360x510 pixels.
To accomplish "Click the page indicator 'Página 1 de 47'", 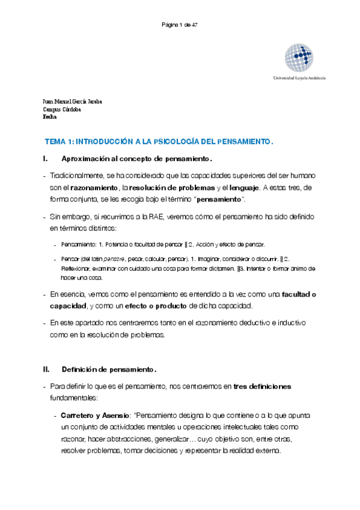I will pos(180,25).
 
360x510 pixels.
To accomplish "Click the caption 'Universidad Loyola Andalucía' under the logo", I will pos(299,79).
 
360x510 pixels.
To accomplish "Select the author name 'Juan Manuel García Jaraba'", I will pos(73,102).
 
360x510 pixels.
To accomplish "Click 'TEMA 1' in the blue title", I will pos(59,142).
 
